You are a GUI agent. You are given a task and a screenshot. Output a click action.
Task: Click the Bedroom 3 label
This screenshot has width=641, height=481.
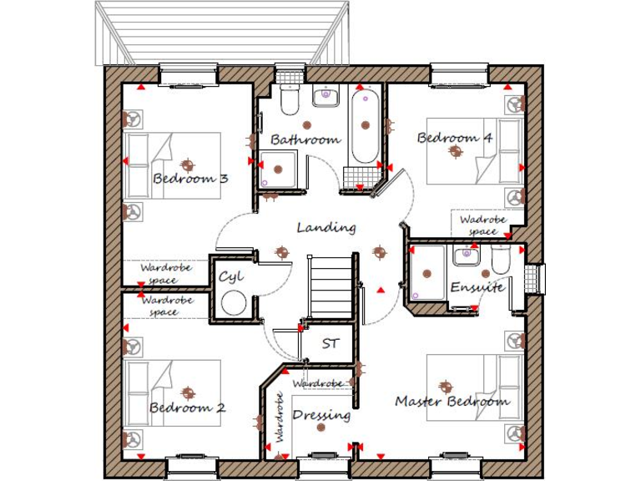[190, 179]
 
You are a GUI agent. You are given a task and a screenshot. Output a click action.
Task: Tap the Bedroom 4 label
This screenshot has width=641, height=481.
[455, 138]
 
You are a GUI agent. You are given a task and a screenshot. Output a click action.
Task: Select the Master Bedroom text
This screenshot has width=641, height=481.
[452, 402]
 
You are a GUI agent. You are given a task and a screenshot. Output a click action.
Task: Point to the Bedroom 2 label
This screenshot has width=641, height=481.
[187, 408]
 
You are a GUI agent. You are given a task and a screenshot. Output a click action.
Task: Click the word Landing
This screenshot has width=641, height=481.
[326, 227]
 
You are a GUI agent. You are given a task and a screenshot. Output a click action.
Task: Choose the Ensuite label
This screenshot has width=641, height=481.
[477, 288]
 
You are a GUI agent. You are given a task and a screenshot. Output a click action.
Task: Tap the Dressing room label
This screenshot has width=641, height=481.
[321, 416]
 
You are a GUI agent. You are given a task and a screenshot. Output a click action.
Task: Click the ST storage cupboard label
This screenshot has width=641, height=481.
[331, 343]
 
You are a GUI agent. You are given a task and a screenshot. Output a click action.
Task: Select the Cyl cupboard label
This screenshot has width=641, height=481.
[230, 276]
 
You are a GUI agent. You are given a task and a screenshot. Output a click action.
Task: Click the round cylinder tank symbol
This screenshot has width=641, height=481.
[233, 302]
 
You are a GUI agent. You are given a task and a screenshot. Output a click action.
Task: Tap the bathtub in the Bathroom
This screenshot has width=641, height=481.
[364, 129]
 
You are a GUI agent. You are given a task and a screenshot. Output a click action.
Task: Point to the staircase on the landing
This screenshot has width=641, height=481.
[331, 288]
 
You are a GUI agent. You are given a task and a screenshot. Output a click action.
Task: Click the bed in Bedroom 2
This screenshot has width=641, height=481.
[173, 392]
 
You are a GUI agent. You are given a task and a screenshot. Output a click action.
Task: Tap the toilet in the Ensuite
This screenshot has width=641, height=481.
[501, 261]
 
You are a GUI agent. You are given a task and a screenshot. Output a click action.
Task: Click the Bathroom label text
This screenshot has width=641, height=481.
[305, 139]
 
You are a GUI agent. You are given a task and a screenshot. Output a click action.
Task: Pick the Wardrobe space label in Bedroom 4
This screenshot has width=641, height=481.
[482, 225]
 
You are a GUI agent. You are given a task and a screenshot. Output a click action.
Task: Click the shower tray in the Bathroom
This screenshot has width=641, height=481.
[277, 170]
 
